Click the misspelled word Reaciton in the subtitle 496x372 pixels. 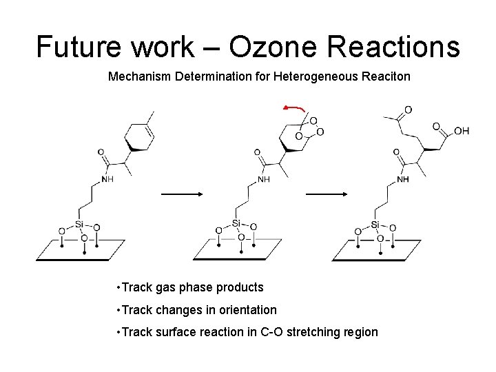tap(385, 77)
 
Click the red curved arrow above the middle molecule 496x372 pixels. tap(294, 109)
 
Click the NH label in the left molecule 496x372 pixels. tap(107, 179)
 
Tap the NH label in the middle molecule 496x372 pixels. tap(264, 179)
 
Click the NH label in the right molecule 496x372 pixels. tap(403, 179)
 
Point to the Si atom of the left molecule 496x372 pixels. tap(79, 225)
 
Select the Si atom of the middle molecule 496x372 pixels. tap(236, 223)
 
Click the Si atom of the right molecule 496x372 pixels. tap(375, 225)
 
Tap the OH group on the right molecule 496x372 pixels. tap(462, 131)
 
